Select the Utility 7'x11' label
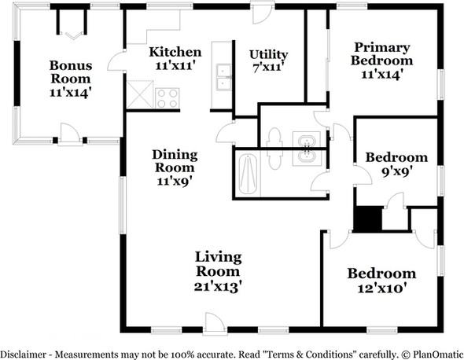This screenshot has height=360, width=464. [268, 61]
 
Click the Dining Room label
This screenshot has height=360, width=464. [175, 167]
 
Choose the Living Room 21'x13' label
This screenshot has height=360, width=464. [218, 271]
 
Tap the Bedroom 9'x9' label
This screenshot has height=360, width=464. [396, 163]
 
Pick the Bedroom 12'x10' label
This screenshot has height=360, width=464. [381, 281]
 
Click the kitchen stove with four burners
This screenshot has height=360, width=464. [167, 97]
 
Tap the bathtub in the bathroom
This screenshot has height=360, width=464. [249, 171]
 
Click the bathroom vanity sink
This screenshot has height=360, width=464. [306, 147]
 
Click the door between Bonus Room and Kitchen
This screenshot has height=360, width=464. [118, 61]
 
